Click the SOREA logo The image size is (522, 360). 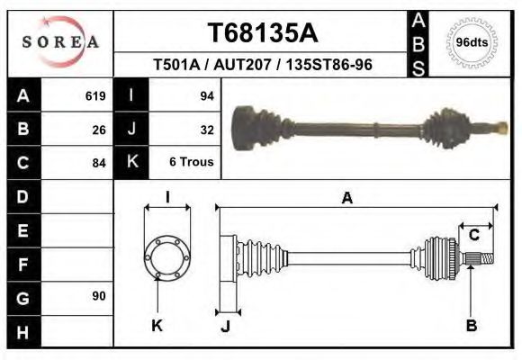59,42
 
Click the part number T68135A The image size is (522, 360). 262,32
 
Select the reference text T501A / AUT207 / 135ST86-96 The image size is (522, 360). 263,66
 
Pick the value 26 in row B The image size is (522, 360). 99,130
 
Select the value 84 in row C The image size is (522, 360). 99,163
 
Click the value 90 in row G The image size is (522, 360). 99,296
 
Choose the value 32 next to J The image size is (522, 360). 206,130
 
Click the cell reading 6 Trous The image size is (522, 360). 191,163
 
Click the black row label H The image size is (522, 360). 22,332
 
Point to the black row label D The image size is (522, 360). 22,196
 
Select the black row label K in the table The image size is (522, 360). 131,163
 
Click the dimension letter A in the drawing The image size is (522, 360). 346,199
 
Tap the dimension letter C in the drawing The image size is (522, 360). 473,236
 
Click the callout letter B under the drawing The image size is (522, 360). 471,325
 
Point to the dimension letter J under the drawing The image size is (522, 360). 225,326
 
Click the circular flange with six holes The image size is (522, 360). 167,256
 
